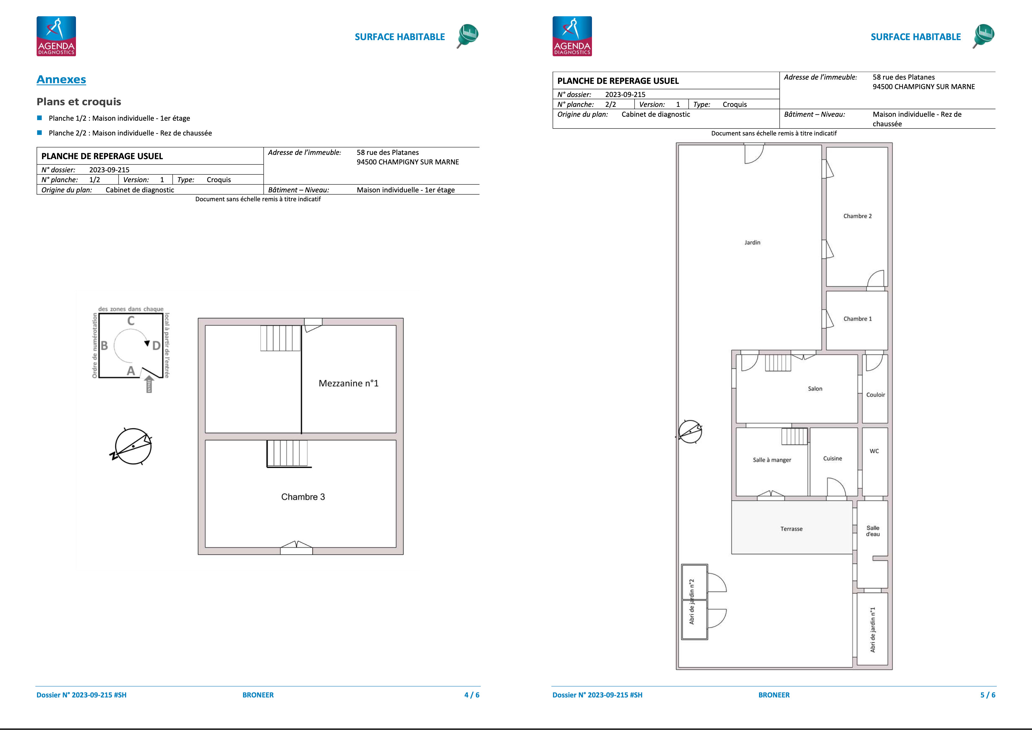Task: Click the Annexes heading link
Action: (x=61, y=80)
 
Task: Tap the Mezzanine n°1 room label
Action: (x=348, y=383)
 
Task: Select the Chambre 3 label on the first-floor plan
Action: (x=303, y=497)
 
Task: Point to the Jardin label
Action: (x=752, y=242)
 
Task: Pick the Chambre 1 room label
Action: (x=857, y=319)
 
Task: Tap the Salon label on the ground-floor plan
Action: (x=815, y=389)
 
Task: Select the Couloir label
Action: (x=875, y=395)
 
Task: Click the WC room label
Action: (x=874, y=451)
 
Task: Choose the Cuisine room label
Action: (x=832, y=458)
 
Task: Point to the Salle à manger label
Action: (x=772, y=460)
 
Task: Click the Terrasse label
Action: (x=791, y=529)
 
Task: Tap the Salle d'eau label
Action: (x=873, y=531)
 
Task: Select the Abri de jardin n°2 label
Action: (x=692, y=601)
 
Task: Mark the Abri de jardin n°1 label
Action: (x=872, y=630)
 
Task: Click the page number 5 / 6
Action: (x=988, y=695)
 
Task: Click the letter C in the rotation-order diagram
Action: (x=131, y=321)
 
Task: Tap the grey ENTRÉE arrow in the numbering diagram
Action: (x=150, y=384)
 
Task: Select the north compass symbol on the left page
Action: (x=132, y=446)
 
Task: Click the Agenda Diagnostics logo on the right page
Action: (x=572, y=36)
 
